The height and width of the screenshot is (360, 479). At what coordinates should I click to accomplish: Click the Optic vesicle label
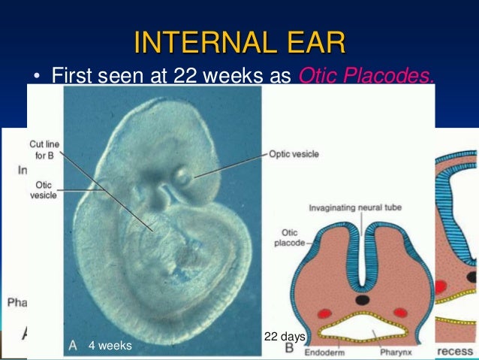click(294, 154)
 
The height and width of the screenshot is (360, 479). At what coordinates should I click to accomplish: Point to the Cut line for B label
click(44, 149)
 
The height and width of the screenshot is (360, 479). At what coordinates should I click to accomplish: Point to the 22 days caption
click(285, 335)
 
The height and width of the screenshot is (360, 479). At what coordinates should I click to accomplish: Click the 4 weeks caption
click(110, 346)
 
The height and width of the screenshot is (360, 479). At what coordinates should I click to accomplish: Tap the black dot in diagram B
click(363, 299)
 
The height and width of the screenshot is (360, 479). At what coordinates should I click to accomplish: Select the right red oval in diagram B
click(400, 311)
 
